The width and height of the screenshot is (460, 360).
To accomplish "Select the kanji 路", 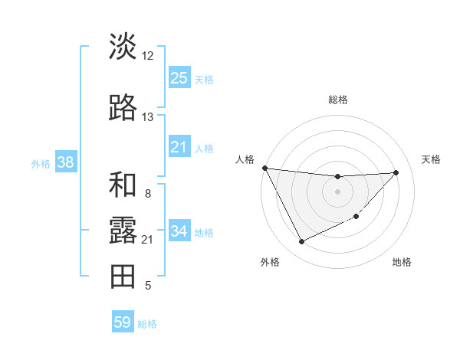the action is [x=123, y=109].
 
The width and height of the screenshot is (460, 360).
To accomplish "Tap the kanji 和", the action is [x=123, y=185].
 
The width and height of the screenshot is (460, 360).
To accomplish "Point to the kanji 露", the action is [x=123, y=231].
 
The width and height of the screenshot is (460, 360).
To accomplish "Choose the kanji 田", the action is [x=123, y=277].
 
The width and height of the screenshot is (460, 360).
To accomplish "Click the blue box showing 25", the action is [x=179, y=77].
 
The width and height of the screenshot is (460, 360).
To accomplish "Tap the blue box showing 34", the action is [x=179, y=231].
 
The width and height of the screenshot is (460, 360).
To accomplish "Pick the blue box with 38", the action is [x=65, y=162].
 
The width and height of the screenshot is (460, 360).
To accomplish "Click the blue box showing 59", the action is [x=123, y=322].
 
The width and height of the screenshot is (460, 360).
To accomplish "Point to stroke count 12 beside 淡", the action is [x=147, y=56].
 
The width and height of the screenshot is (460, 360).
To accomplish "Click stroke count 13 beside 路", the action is [x=147, y=117].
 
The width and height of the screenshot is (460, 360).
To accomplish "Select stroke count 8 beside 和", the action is [x=147, y=194].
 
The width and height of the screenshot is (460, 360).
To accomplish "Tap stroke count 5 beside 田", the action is [x=147, y=286].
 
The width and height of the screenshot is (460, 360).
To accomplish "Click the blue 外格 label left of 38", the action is [x=41, y=163].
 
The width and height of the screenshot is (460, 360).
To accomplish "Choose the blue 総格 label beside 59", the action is [x=147, y=323].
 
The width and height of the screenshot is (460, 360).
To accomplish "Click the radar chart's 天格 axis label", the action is [x=431, y=159].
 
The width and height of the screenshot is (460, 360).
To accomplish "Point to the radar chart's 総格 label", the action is [x=337, y=100].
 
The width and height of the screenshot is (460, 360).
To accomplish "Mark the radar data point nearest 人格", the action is [x=264, y=168].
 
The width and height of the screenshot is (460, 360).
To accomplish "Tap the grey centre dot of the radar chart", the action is [x=337, y=191].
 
